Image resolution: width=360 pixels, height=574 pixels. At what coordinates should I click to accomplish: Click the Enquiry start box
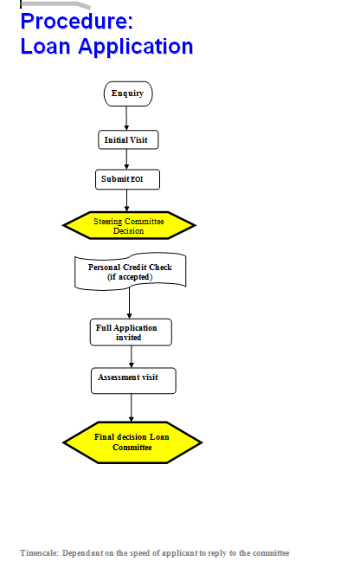[128, 94]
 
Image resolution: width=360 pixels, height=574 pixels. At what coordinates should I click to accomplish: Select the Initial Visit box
[128, 139]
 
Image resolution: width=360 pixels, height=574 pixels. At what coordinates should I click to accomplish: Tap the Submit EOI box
[128, 179]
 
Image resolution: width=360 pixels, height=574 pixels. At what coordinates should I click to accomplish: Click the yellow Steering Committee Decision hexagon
[129, 225]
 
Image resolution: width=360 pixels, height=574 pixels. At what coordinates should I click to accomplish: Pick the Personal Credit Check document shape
[131, 271]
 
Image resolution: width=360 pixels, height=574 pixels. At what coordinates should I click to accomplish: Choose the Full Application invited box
[131, 332]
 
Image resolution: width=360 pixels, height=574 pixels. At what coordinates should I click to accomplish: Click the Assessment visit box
[133, 381]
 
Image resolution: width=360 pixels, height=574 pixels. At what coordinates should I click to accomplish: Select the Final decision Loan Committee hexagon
[132, 442]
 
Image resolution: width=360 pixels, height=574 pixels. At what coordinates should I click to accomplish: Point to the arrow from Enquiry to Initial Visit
[126, 119]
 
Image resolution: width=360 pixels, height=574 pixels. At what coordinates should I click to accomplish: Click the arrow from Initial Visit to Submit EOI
[126, 159]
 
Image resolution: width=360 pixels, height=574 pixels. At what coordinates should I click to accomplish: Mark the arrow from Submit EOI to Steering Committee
[127, 200]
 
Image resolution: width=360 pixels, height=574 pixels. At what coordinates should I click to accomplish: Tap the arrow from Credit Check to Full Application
[129, 303]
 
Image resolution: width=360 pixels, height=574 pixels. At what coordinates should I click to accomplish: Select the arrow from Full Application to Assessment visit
[132, 357]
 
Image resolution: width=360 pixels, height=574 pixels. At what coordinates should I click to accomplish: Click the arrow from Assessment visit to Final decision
[132, 408]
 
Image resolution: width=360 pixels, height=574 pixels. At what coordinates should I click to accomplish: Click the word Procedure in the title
[76, 22]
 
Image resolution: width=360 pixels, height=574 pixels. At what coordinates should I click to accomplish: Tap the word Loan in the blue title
[45, 47]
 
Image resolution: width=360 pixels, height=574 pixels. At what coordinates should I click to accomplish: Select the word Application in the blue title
[136, 48]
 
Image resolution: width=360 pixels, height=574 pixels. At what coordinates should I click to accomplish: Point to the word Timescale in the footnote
[39, 552]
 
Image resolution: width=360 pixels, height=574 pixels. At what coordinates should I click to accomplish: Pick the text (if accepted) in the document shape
[130, 277]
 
